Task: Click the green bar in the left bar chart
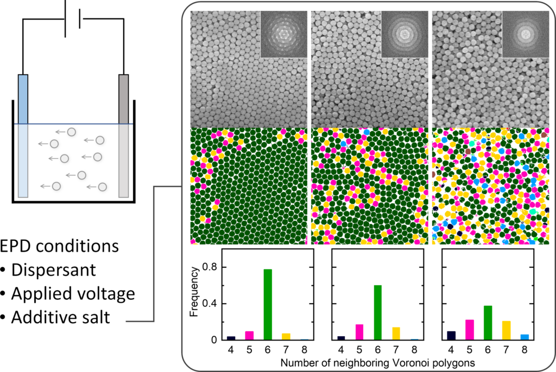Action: click(268, 304)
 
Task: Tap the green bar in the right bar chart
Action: click(488, 323)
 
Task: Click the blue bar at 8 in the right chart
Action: click(525, 337)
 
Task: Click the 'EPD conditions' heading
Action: click(60, 246)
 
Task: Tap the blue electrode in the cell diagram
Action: click(22, 136)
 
